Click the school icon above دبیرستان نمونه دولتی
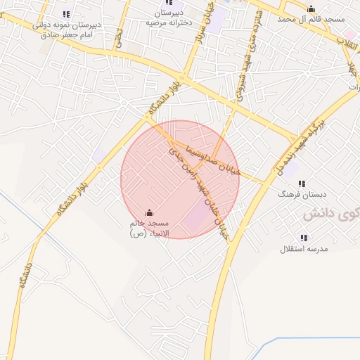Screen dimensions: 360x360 pos(67,13)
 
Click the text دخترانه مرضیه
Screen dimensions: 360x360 pos(169,22)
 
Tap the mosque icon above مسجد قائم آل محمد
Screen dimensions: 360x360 pos(311,8)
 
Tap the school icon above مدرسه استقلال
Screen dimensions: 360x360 pos(304,238)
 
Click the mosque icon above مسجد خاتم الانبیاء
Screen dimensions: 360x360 pos(149,212)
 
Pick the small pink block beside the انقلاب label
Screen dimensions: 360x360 pos(350,34)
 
